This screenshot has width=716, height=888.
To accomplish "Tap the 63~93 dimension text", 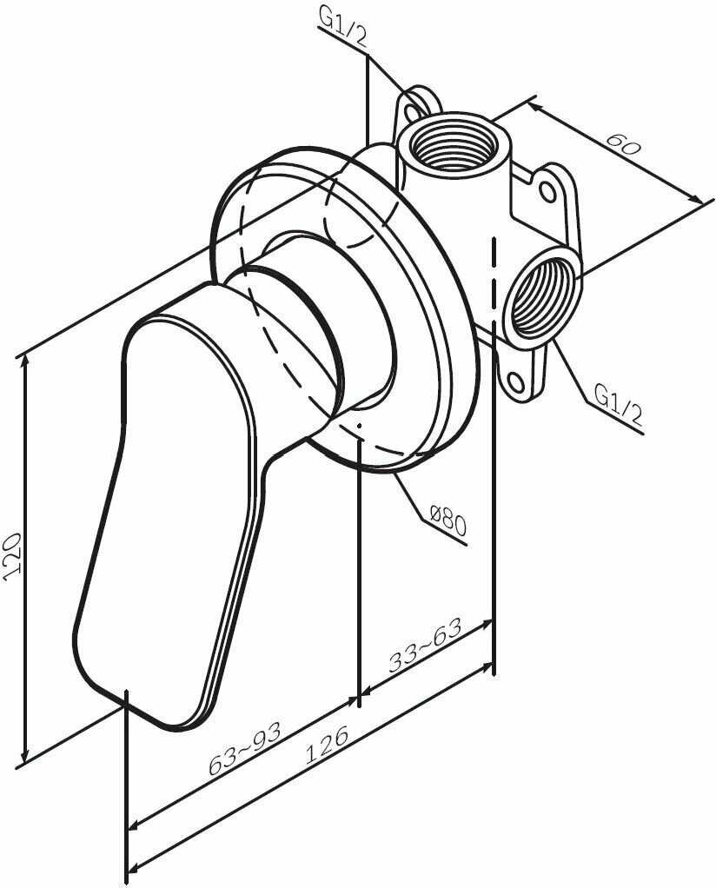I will [x=245, y=749].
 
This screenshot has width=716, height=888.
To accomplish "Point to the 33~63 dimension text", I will [x=425, y=646].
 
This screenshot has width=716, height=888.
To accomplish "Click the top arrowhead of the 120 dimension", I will [x=27, y=356].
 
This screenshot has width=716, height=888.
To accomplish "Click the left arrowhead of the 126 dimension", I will [x=132, y=870].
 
